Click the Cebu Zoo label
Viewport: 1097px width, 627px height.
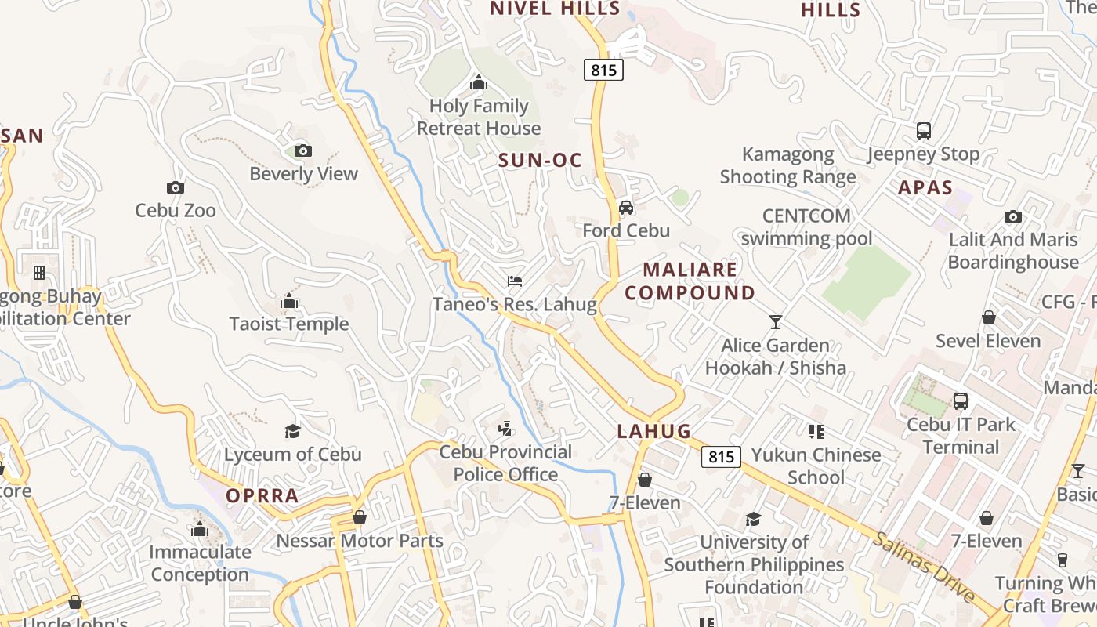click(176, 210)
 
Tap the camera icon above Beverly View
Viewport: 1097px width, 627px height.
click(302, 150)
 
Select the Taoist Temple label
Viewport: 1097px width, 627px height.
click(289, 324)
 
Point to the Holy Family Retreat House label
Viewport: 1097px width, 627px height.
click(479, 117)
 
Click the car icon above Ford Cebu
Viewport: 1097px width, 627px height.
click(625, 208)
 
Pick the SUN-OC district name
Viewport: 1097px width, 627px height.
click(541, 161)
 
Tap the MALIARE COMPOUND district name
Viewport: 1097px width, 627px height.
click(690, 281)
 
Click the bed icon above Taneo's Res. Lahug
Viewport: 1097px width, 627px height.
click(514, 281)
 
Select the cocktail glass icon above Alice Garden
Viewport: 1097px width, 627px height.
click(776, 321)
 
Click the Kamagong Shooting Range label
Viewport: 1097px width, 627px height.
click(788, 165)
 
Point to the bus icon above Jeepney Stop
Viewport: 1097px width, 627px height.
click(923, 131)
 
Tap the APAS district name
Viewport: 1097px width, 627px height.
click(925, 188)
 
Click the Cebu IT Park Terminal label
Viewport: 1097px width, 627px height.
click(961, 436)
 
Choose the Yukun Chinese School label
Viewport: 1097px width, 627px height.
click(816, 466)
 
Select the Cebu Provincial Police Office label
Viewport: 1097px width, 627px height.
click(505, 463)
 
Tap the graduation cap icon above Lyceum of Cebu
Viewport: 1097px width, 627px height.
click(292, 431)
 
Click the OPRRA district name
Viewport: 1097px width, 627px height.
click(262, 496)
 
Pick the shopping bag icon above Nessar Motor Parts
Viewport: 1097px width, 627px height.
click(360, 517)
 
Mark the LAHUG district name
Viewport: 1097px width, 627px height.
click(654, 431)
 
